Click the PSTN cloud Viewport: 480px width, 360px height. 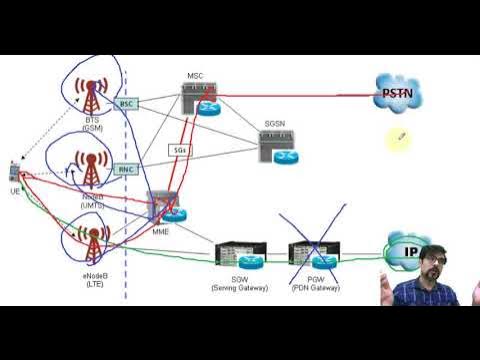(x=396, y=95)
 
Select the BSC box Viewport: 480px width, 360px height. (x=127, y=104)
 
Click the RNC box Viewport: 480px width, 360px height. (x=127, y=169)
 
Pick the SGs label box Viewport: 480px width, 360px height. (x=179, y=150)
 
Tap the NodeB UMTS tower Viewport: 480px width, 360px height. (x=92, y=169)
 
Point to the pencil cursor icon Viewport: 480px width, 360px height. (x=400, y=137)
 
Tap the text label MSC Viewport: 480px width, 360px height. (x=196, y=76)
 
